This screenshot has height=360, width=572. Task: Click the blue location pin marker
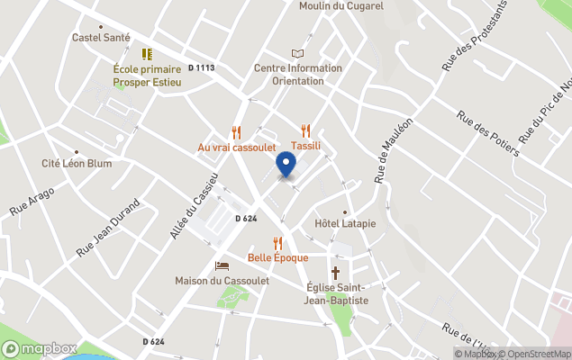[x=286, y=166]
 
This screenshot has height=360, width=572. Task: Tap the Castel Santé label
[x=102, y=38]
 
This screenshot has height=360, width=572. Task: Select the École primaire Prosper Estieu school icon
[x=147, y=55]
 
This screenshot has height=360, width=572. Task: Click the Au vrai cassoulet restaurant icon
[x=237, y=132]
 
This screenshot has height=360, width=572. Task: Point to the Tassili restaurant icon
[x=305, y=130]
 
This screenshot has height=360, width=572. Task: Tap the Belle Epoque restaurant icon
[x=277, y=243]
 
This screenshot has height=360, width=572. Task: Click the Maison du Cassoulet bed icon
[x=222, y=266]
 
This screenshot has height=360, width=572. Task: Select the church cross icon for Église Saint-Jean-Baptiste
[x=336, y=272]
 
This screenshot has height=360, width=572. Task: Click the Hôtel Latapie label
[x=345, y=223]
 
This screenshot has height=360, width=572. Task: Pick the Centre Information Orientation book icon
[x=297, y=54]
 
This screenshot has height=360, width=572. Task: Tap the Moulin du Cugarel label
[x=341, y=6]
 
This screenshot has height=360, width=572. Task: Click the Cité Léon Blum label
[x=77, y=164]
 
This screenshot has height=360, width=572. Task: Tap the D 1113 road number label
[x=203, y=68]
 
